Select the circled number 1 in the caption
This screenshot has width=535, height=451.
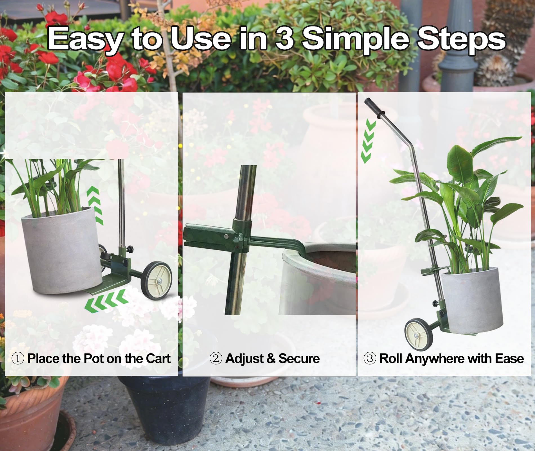18,359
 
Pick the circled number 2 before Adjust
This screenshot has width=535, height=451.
216,359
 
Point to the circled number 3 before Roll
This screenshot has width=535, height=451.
369,359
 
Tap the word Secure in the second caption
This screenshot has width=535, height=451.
299,359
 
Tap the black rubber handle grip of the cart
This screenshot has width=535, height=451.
374,107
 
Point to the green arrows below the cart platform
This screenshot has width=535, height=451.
106,302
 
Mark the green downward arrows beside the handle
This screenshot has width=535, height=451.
368,141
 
